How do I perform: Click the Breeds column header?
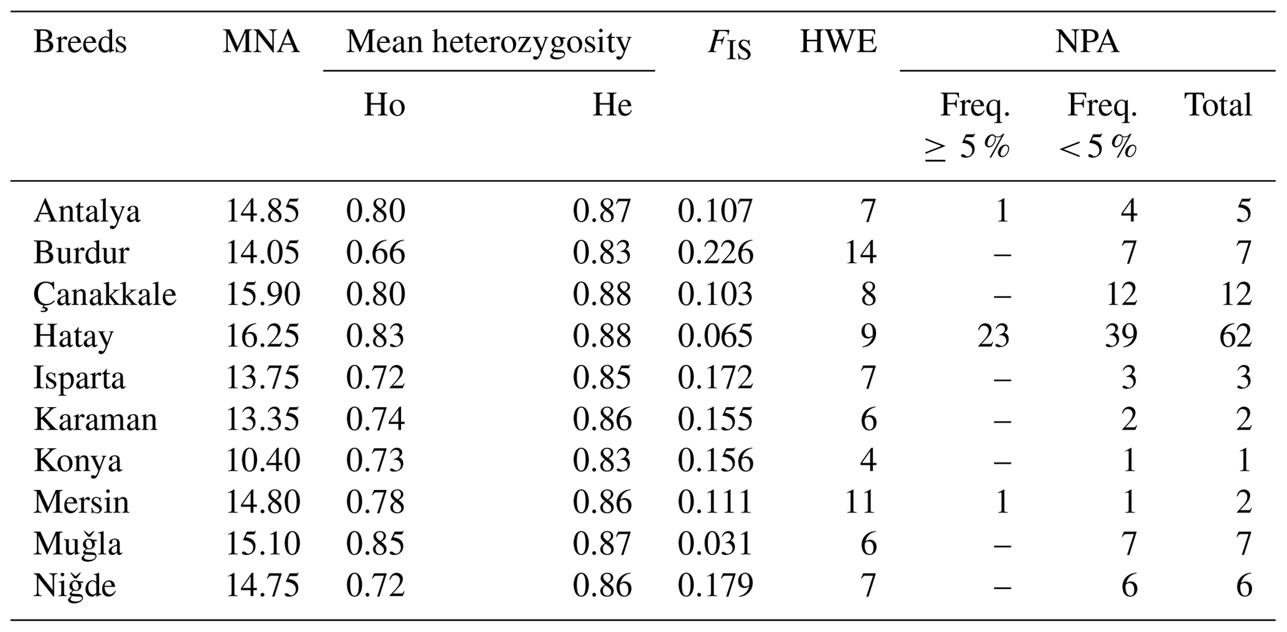click(80, 42)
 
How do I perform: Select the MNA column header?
click(261, 42)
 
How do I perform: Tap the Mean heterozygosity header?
click(489, 42)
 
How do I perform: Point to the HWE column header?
click(838, 42)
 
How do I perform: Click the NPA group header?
click(1087, 42)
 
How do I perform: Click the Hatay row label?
click(73, 336)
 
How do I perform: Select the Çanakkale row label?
click(105, 295)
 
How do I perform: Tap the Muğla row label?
click(78, 544)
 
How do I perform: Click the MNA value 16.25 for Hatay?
click(262, 336)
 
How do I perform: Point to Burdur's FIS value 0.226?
click(715, 253)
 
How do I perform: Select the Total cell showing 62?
click(1235, 336)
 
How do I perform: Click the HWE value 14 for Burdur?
click(860, 253)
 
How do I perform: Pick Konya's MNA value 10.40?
click(262, 461)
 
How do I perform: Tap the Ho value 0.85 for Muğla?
click(375, 544)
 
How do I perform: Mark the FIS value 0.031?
click(715, 544)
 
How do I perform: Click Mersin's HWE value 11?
click(860, 502)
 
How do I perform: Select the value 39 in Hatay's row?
click(1121, 336)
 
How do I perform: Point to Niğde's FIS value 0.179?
click(715, 586)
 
